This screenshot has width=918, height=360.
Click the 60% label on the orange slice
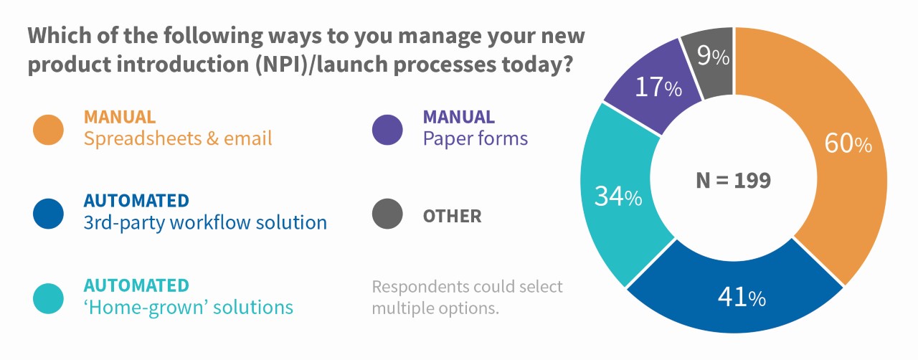coord(848,143)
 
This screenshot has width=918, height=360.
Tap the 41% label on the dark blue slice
coord(742,297)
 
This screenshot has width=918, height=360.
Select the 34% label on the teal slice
coord(618,196)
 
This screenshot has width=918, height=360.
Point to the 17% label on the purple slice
coord(658,87)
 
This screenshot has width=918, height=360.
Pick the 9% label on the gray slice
coord(713,55)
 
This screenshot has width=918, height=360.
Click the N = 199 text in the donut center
coord(733,181)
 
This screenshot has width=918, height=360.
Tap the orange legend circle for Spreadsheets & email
coord(48,130)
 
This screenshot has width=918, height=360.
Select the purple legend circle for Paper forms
coord(387,130)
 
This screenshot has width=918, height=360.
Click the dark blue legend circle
coord(48,214)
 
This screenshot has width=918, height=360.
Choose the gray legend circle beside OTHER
coord(387,214)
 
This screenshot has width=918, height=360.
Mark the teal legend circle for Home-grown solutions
coord(48,298)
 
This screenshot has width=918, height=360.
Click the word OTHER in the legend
coord(452,216)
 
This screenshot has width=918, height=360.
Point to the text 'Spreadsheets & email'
coord(178,138)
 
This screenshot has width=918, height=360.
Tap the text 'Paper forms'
coord(475,138)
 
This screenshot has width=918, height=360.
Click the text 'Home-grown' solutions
coord(189,308)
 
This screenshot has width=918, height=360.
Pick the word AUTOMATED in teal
coord(136,285)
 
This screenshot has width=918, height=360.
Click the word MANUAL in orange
coord(120,118)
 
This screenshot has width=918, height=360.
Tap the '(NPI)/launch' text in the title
coord(321,65)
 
